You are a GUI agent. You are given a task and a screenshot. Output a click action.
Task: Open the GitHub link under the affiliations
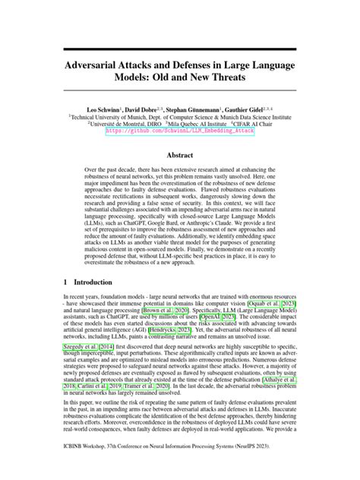(x=180, y=130)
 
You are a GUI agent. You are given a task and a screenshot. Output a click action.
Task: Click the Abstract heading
(x=180, y=154)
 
